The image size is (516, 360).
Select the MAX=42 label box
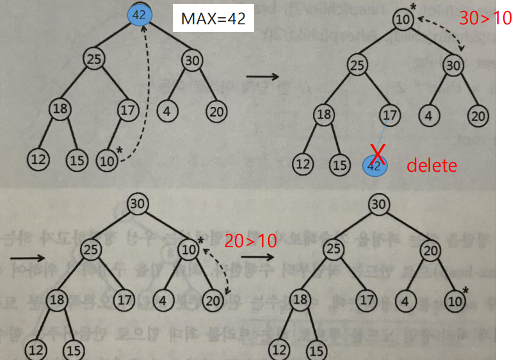[213, 19]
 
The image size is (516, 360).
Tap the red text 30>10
[485, 19]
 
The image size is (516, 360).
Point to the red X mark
[378, 153]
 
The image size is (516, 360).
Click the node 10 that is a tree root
[403, 19]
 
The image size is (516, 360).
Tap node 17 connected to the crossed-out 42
[389, 115]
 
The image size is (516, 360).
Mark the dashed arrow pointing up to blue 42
[145, 90]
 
